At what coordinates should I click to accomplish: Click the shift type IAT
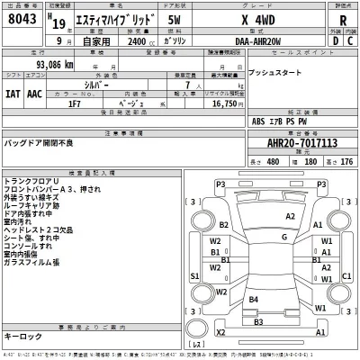(x=13, y=92)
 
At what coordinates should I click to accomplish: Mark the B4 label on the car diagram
(x=255, y=297)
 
